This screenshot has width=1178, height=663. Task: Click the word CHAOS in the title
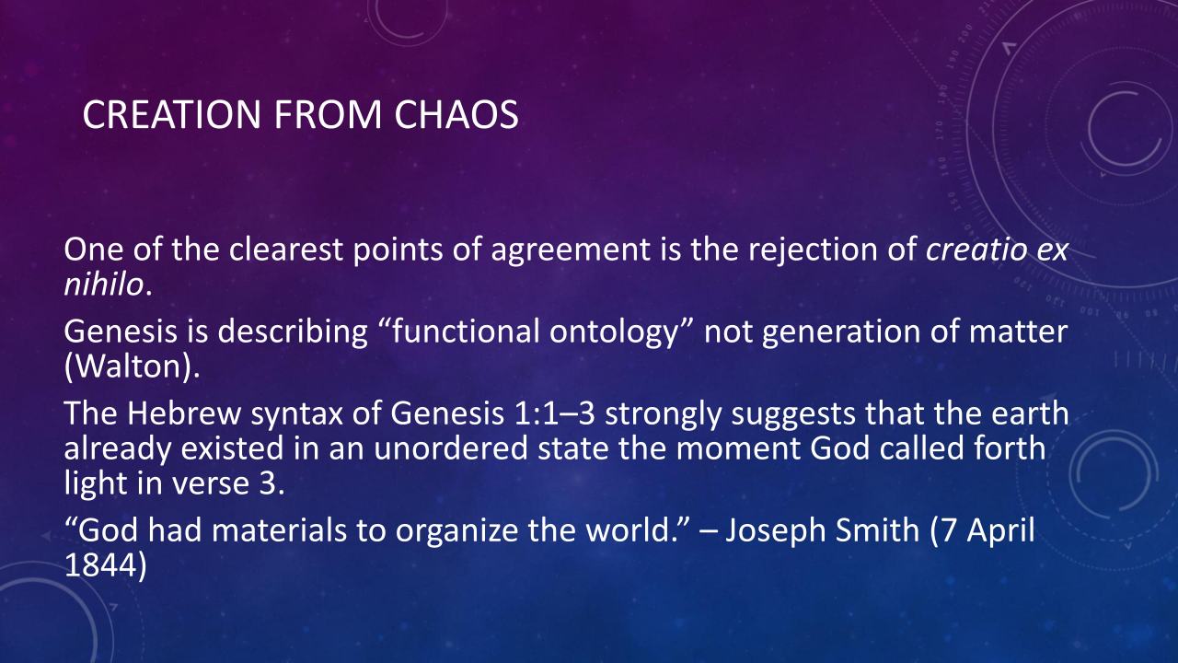[x=456, y=114]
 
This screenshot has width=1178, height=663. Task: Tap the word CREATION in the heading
[x=171, y=114]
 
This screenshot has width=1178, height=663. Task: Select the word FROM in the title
[x=328, y=114]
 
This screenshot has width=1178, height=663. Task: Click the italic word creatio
[x=976, y=249]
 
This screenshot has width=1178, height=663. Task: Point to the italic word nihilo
[x=104, y=285]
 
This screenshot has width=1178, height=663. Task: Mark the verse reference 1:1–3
[x=554, y=414]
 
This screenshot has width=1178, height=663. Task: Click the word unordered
[x=451, y=448]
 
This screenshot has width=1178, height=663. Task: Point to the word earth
[x=1030, y=413]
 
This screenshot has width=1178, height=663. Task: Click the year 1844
[x=98, y=565]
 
